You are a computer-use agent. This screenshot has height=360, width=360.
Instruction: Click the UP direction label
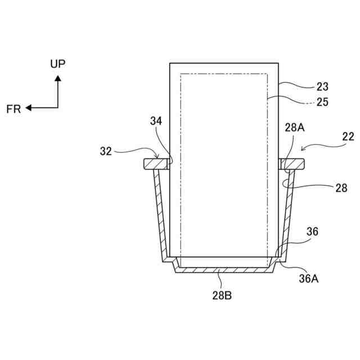[57, 64]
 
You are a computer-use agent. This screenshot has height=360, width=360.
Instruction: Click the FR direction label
[13, 109]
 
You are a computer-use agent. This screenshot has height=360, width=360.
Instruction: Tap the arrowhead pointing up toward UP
[57, 78]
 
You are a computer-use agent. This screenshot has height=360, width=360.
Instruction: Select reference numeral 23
[322, 87]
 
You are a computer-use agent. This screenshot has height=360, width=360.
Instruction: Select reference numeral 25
[322, 102]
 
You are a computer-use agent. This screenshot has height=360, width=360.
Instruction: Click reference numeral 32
[106, 151]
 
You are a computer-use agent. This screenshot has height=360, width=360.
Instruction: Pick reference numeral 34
[157, 120]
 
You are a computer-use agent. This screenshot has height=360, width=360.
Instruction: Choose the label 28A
[294, 128]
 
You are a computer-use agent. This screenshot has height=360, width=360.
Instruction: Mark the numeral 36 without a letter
[313, 231]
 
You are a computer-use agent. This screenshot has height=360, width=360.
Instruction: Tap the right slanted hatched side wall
[289, 214]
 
